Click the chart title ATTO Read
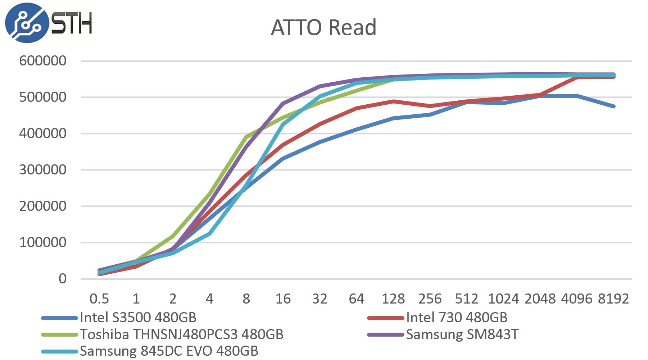click(x=323, y=27)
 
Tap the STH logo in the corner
click(x=49, y=23)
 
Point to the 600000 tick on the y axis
click(x=43, y=61)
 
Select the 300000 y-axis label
click(x=43, y=170)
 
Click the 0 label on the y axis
click(x=63, y=279)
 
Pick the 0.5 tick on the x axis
click(x=99, y=299)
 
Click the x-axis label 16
click(x=283, y=299)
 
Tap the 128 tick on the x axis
click(x=393, y=299)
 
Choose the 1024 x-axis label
click(x=503, y=299)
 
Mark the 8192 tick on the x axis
click(x=613, y=299)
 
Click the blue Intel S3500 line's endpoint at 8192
click(x=613, y=106)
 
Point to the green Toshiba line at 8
click(x=246, y=137)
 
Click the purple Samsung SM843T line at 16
click(x=283, y=104)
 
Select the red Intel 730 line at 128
click(x=393, y=101)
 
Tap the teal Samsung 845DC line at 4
click(x=209, y=234)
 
